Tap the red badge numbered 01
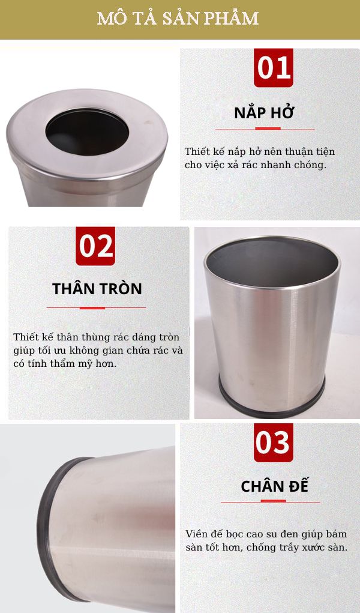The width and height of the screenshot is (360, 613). tap(274, 68)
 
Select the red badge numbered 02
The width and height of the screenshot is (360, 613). tap(96, 246)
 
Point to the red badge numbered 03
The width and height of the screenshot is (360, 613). tap(273, 442)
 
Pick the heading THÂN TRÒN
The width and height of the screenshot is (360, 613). tap(97, 289)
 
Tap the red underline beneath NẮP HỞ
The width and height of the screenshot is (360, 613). tap(265, 129)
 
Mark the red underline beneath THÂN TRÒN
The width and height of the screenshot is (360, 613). tap(96, 307)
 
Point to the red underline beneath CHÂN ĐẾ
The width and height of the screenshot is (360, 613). tap(271, 501)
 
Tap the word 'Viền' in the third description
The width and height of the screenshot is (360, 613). tap(196, 534)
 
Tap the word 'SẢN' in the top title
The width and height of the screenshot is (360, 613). tap(175, 19)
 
